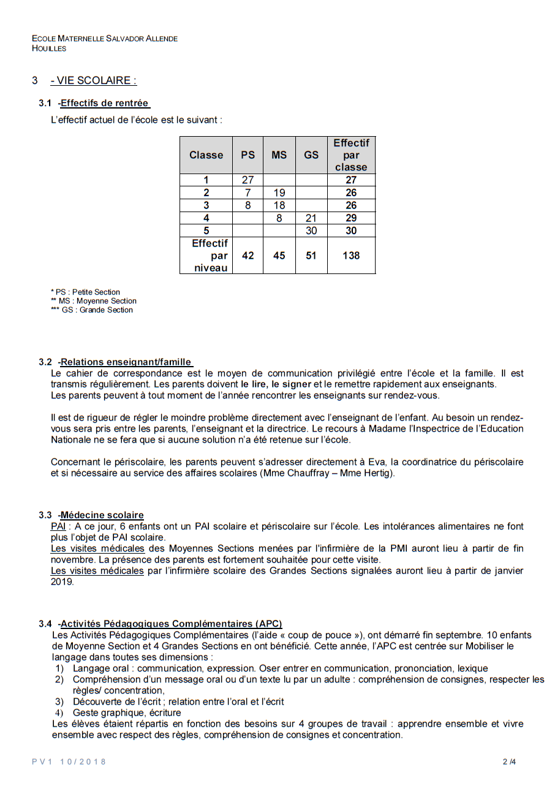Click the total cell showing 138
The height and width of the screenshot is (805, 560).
click(x=351, y=256)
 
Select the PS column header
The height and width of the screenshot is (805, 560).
click(x=248, y=155)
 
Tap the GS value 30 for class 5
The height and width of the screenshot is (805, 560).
click(x=311, y=231)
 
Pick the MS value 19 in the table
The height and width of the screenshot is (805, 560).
click(x=279, y=193)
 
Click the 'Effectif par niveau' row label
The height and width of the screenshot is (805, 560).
click(x=210, y=256)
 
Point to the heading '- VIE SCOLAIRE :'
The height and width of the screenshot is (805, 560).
click(x=93, y=80)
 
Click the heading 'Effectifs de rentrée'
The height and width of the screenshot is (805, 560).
click(x=104, y=103)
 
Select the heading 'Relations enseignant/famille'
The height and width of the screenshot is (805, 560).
click(x=126, y=362)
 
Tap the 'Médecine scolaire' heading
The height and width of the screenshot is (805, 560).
click(x=102, y=515)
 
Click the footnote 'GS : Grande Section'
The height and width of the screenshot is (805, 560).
click(x=97, y=310)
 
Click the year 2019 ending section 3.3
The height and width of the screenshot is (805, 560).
click(x=62, y=582)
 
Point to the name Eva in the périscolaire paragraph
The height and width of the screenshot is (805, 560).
click(x=376, y=462)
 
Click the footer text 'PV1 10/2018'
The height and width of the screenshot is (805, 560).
click(x=69, y=761)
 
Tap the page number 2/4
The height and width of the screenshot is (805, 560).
click(x=509, y=762)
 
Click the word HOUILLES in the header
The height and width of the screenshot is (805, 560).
click(x=49, y=48)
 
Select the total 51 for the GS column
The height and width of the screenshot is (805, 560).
click(x=311, y=256)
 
